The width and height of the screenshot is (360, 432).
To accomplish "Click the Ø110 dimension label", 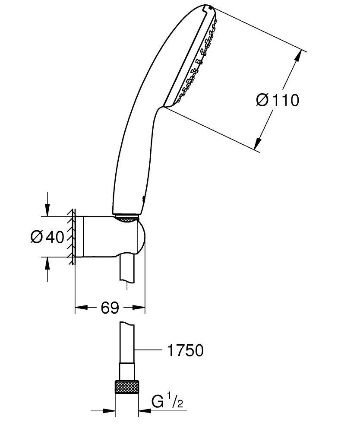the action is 277,100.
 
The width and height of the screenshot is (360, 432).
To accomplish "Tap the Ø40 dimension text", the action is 47,237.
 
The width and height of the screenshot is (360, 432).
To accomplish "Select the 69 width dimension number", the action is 110,308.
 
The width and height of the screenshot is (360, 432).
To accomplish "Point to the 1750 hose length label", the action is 186,350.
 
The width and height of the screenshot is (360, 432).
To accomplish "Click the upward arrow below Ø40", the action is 47,269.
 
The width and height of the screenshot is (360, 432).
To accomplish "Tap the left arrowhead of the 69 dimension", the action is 82,308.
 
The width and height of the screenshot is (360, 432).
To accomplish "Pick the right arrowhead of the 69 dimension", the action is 139,308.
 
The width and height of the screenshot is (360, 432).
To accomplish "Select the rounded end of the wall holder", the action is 141,237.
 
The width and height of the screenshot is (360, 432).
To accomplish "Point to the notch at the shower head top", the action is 207,8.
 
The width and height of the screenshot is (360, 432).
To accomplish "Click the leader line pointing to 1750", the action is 148,350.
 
